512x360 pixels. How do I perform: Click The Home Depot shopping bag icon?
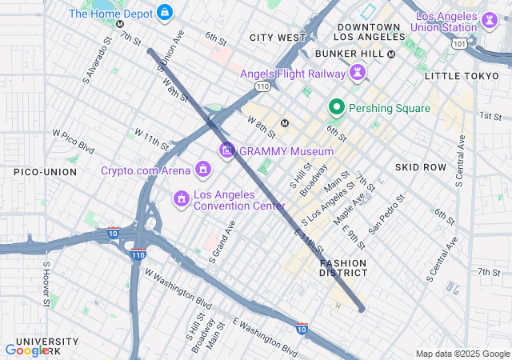pos(165,13)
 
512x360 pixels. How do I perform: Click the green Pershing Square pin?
pos(337,107)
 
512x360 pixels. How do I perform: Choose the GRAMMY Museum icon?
pos(227,150)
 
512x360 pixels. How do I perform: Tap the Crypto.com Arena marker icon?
pos(203,170)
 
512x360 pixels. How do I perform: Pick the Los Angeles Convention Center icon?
pos(181,197)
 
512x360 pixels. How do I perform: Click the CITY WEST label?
pos(278,38)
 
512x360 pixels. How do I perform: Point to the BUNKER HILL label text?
pos(350,54)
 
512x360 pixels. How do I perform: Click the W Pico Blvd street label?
pos(74,142)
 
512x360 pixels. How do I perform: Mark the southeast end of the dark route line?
pos(362,308)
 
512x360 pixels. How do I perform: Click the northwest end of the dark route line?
pos(150,51)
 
